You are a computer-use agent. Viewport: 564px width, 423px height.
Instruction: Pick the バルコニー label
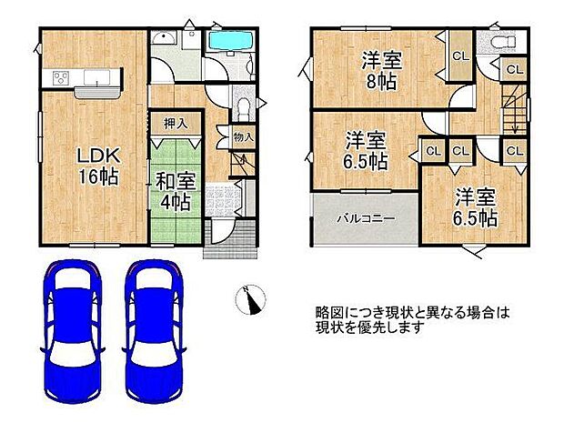365,219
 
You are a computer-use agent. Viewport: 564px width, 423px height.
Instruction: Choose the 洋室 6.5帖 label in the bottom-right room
475,207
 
